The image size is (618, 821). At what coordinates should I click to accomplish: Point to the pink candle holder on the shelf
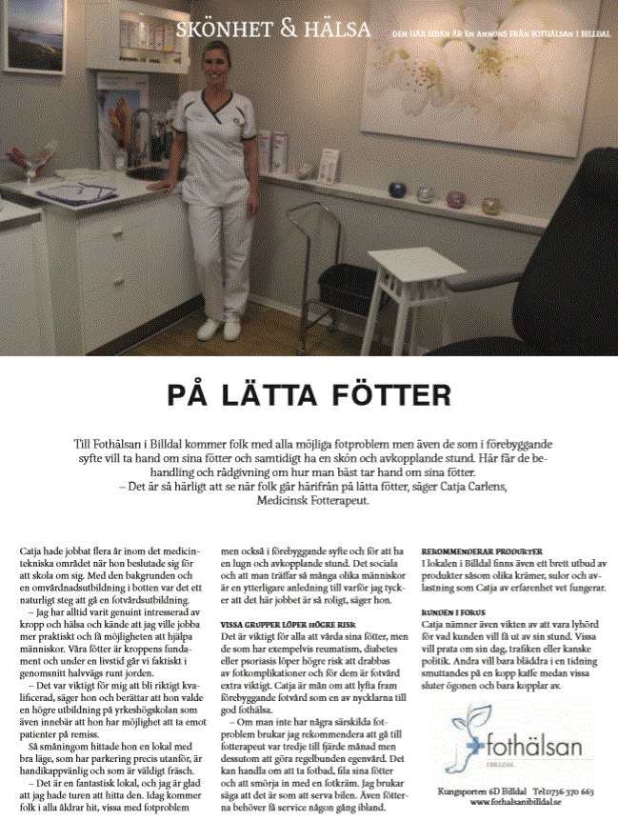(x=456, y=199)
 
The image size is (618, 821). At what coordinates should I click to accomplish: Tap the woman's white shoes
(x=220, y=329)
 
